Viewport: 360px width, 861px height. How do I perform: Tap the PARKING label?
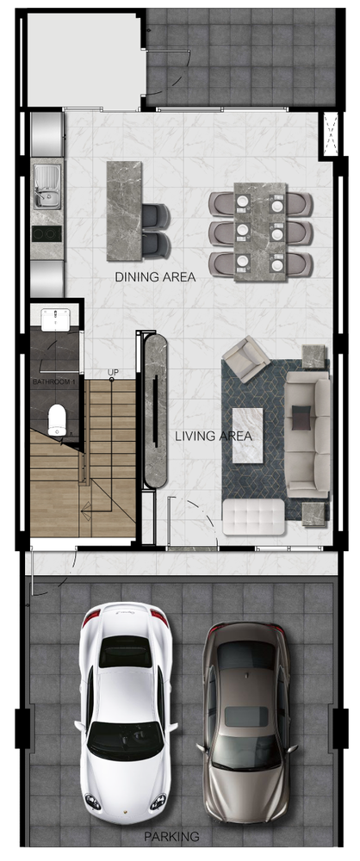pos(171,837)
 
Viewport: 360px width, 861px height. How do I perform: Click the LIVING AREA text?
pos(214,437)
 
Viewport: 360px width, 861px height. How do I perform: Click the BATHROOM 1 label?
pos(54,381)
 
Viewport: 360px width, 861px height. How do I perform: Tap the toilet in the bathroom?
pos(57,420)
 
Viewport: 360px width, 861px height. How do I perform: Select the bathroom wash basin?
pos(55,319)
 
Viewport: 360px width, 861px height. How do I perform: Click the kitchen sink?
pos(47,187)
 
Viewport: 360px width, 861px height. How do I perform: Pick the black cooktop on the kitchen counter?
pos(47,234)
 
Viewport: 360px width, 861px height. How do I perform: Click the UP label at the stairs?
pos(113,373)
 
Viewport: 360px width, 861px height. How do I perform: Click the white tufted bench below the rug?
pos(253,517)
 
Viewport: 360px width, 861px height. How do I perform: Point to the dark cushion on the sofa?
pos(301,418)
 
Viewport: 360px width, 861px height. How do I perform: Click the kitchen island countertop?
pos(124,211)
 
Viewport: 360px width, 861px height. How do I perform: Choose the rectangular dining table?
pos(260,232)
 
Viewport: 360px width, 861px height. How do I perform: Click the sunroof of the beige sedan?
pos(245,715)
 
